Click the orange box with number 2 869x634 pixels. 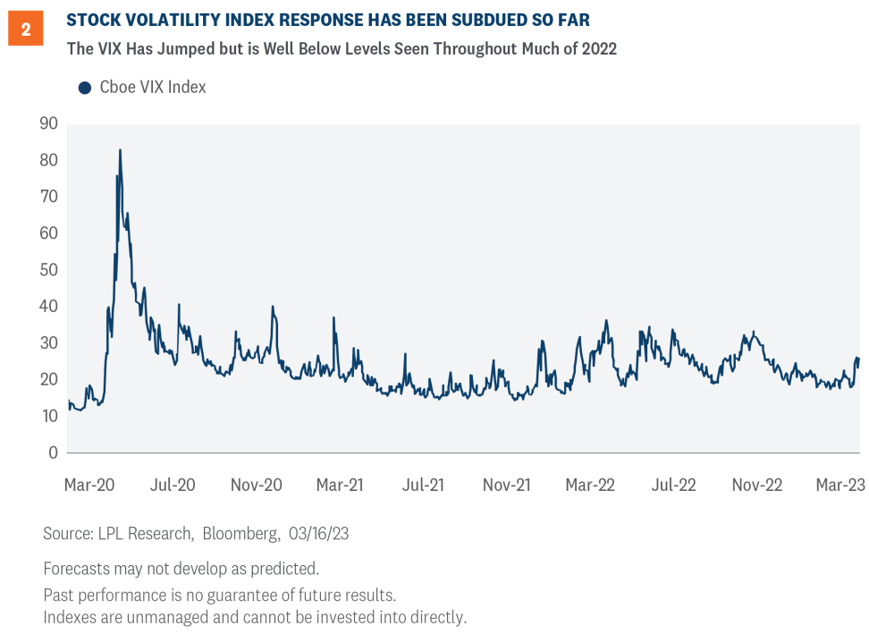tap(26, 30)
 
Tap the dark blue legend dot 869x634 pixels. tap(85, 87)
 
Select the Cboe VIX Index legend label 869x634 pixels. tap(153, 87)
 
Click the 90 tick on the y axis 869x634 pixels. tap(48, 123)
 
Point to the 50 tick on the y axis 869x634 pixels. tap(48, 270)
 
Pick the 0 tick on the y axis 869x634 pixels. tap(54, 452)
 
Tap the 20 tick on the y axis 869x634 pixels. tap(48, 379)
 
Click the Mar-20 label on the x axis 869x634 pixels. tap(89, 485)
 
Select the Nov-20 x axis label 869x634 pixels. tap(257, 485)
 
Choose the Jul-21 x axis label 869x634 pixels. tap(423, 485)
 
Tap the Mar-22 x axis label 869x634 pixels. tap(590, 485)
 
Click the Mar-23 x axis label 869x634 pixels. tap(839, 485)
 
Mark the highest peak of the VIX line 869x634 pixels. tap(120, 150)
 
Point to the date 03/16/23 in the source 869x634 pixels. tap(319, 534)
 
